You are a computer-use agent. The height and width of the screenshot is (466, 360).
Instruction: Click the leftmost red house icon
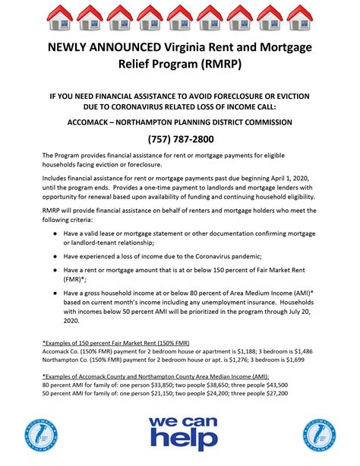click(x=59, y=16)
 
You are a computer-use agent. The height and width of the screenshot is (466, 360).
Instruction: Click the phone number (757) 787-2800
click(x=180, y=138)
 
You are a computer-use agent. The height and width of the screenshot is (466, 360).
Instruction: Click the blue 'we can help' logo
click(x=179, y=431)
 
